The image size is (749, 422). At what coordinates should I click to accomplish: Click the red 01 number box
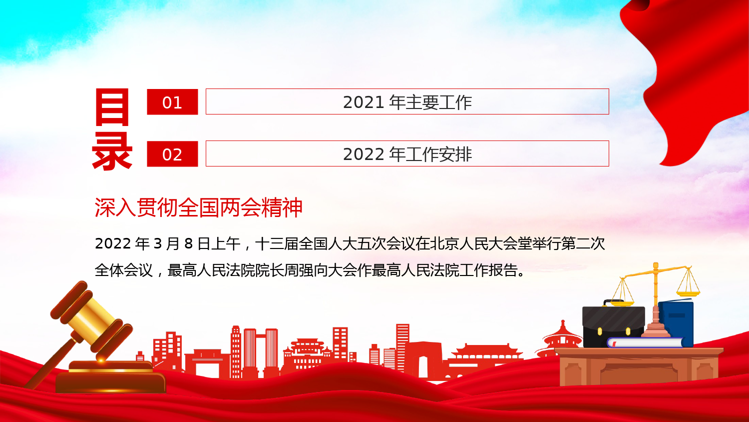tap(172, 102)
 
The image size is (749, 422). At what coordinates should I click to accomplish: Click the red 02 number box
tap(172, 153)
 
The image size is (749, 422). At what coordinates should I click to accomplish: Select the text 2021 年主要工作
tap(407, 102)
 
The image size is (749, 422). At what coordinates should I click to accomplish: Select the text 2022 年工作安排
tap(407, 154)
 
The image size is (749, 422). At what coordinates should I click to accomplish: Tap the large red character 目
tap(112, 107)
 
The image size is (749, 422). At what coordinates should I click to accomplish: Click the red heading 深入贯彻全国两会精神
tap(199, 207)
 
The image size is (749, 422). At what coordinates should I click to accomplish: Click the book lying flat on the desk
tap(645, 342)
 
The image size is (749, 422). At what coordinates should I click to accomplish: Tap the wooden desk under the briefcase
tap(639, 366)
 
